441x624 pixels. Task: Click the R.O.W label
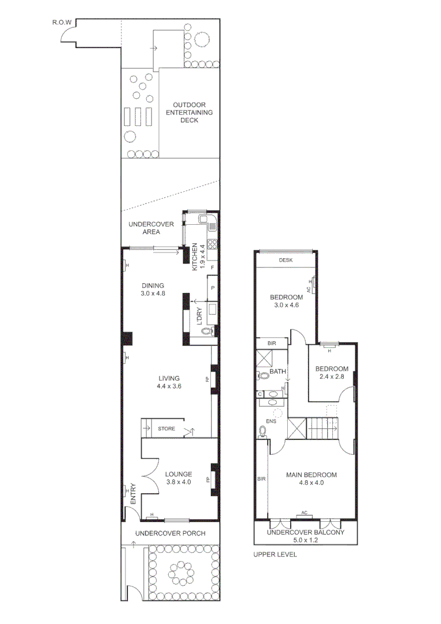(x=61, y=23)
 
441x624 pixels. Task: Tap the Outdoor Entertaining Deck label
(x=189, y=112)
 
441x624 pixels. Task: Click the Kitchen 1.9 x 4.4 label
(x=198, y=257)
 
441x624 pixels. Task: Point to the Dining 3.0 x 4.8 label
(x=153, y=289)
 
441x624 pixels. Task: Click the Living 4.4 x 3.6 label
(x=169, y=382)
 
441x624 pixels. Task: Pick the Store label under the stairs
(x=166, y=429)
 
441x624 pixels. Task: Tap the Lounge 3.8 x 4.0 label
(x=178, y=477)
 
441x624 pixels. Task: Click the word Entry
(x=133, y=494)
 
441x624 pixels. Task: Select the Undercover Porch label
(x=170, y=533)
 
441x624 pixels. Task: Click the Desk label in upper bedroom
(x=286, y=260)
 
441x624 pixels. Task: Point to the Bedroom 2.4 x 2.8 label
(x=331, y=373)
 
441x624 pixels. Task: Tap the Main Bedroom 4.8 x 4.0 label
(x=311, y=479)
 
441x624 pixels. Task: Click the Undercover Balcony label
(x=305, y=532)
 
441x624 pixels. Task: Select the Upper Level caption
(x=275, y=555)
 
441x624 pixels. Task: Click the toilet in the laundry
(x=211, y=332)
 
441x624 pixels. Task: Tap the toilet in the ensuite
(x=263, y=431)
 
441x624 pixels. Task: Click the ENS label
(x=272, y=421)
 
